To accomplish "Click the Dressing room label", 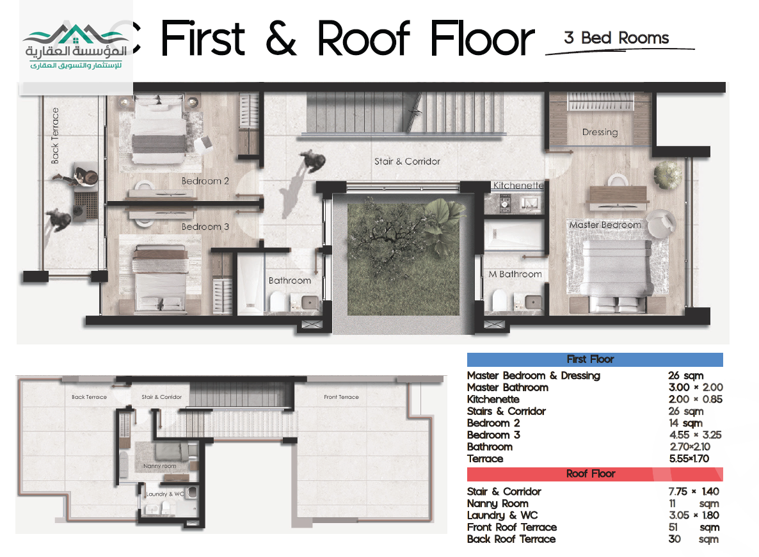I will (600, 133).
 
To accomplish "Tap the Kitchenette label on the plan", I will (518, 186).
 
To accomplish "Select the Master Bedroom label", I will (605, 225).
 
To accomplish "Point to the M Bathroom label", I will (515, 274).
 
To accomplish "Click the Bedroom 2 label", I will (205, 181).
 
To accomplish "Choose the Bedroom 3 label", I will (205, 227).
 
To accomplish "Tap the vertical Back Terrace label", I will (55, 136).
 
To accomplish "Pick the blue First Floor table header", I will (595, 360).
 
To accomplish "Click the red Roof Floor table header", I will (595, 474).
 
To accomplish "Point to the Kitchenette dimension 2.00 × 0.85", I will (696, 400).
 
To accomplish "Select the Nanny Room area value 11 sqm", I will (694, 504).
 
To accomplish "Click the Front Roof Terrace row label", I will (511, 528).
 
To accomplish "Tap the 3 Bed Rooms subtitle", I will (616, 38).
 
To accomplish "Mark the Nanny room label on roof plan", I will (159, 466).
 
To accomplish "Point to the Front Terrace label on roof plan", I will (341, 397).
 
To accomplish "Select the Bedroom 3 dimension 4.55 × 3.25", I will (696, 435).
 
